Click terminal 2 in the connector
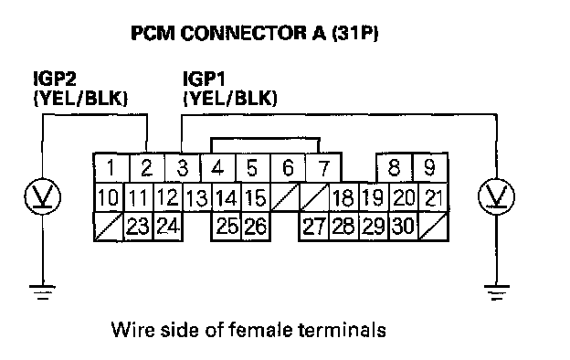point(147,167)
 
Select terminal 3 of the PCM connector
point(183,167)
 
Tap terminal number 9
point(429,167)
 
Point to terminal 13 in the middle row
point(197,197)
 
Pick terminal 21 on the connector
point(434,197)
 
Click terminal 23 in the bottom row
point(139,227)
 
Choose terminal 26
point(256,227)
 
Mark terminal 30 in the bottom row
point(404,227)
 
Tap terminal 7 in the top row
point(323,167)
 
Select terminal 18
point(343,197)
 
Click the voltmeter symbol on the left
point(43,196)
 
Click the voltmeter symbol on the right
point(496,196)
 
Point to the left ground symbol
point(43,292)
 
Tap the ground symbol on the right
point(497,292)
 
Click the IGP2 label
point(55,79)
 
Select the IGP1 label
point(204,79)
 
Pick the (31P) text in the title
point(354,33)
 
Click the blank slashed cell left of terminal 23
point(109,227)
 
